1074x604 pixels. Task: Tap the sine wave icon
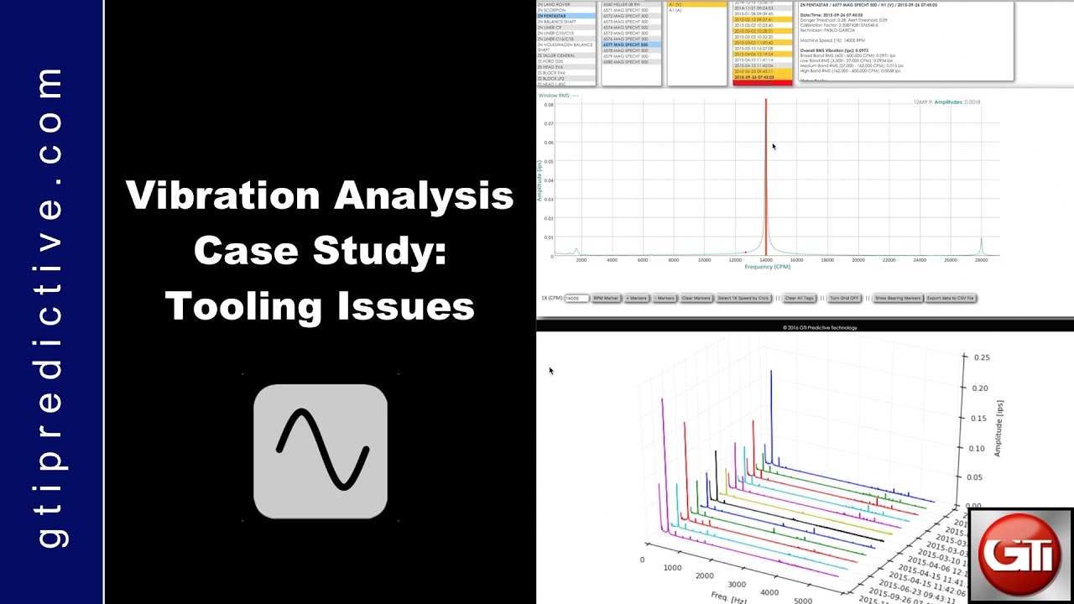tap(321, 451)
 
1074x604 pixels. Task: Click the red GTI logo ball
tap(1020, 555)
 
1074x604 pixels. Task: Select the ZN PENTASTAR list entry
tap(553, 16)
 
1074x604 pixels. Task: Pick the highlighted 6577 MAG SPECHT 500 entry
tap(626, 44)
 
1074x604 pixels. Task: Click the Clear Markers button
tap(696, 298)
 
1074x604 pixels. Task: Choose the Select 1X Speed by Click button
tap(743, 298)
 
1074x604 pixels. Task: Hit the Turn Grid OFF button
tap(845, 298)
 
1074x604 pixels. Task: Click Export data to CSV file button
tap(950, 298)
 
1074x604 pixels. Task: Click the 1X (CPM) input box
tap(576, 298)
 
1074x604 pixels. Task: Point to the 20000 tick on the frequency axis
tap(858, 260)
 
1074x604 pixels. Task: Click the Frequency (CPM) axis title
tap(768, 267)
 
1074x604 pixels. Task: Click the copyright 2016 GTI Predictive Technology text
tap(820, 327)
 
